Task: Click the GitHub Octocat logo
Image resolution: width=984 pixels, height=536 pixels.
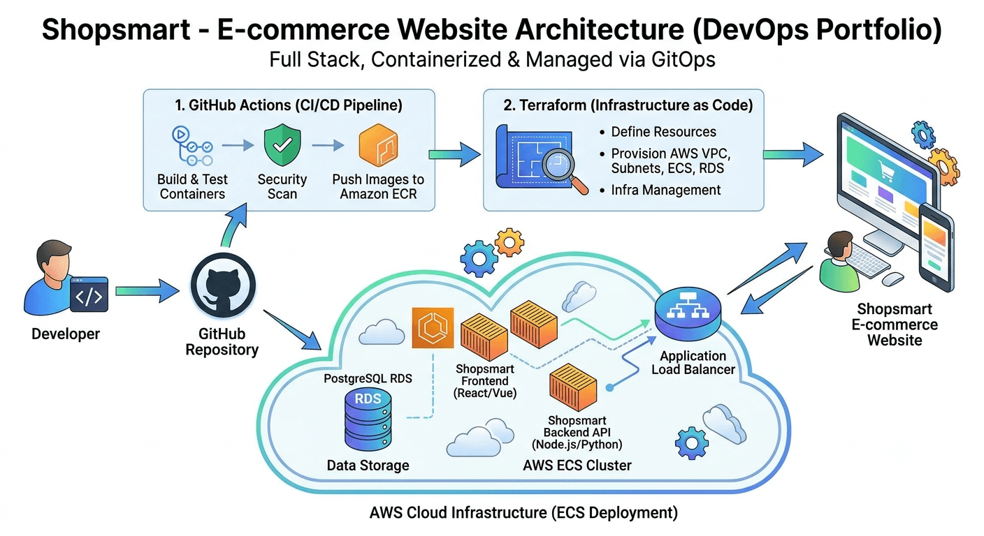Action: pyautogui.click(x=223, y=285)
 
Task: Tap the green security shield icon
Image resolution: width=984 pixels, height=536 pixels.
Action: pyautogui.click(x=282, y=144)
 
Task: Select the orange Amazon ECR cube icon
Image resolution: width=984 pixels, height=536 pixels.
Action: pyautogui.click(x=378, y=145)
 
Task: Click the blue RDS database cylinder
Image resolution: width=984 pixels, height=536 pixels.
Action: pyautogui.click(x=368, y=419)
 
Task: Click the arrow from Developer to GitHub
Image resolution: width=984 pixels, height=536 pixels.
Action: pyautogui.click(x=147, y=291)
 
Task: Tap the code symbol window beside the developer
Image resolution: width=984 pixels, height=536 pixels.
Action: pyautogui.click(x=89, y=295)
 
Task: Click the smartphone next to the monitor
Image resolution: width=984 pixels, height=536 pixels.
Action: pyautogui.click(x=936, y=247)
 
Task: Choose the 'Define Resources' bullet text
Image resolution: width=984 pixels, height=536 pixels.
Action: pyautogui.click(x=663, y=132)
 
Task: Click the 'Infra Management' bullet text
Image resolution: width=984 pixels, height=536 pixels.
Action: pyautogui.click(x=665, y=190)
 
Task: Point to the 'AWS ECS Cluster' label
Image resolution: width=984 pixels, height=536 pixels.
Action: pyautogui.click(x=577, y=466)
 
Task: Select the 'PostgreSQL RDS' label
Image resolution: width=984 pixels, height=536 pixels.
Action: pyautogui.click(x=368, y=378)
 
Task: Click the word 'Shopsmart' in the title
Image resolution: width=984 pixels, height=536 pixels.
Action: pyautogui.click(x=116, y=29)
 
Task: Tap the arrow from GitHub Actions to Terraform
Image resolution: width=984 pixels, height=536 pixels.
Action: pyautogui.click(x=455, y=154)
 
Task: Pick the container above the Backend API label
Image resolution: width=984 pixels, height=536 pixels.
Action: pyautogui.click(x=573, y=387)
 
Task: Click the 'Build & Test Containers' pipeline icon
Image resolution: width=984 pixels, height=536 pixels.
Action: pyautogui.click(x=192, y=146)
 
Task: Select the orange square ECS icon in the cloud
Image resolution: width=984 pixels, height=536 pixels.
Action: pyautogui.click(x=433, y=327)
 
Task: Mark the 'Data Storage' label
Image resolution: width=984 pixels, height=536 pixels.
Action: pyautogui.click(x=368, y=466)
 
